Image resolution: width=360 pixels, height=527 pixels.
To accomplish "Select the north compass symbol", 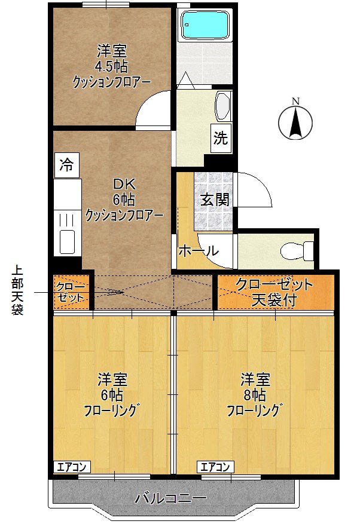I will coord(295,121).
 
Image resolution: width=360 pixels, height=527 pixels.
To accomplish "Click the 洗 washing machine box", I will coord(221,139).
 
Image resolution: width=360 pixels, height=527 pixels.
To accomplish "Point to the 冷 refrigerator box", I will coord(67,166).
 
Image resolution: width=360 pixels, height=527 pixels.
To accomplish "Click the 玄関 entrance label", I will coord(215,200).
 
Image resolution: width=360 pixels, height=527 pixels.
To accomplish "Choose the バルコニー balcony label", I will coord(170,497).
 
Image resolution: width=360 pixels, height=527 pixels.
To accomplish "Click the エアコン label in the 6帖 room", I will coord(72,467).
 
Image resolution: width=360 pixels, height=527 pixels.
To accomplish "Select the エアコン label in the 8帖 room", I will coord(215,467).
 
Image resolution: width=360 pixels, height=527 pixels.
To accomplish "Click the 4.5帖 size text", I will coord(112,66).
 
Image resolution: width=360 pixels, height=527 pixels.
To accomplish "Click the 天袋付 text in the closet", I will coord(274,300).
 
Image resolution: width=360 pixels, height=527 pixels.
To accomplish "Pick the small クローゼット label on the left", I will coord(71,292).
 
